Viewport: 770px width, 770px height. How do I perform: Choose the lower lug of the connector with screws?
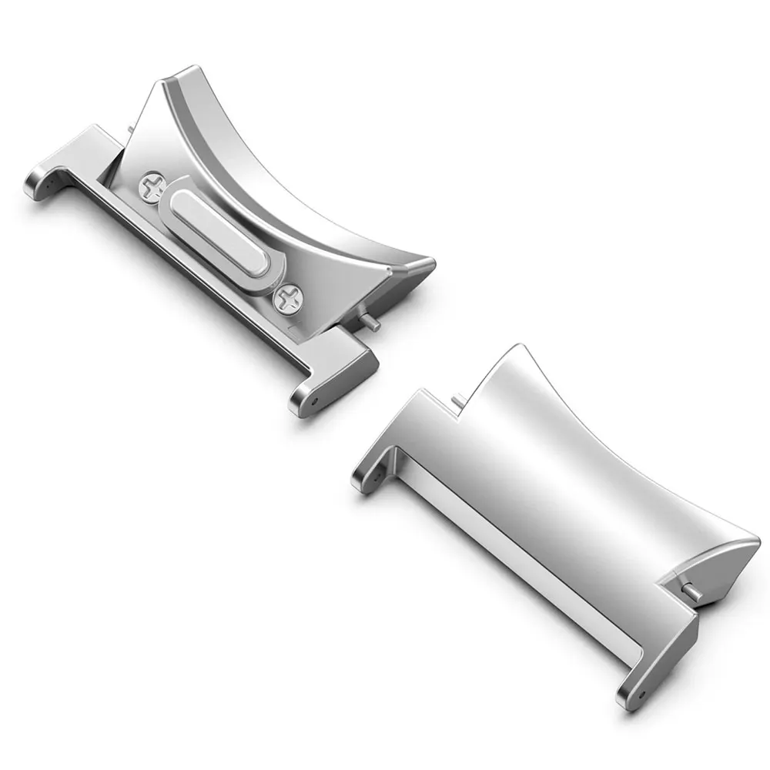click(x=331, y=377)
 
